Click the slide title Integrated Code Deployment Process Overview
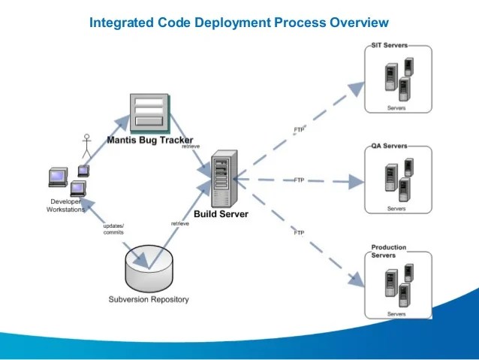tap(239, 23)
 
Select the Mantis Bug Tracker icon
tap(149, 113)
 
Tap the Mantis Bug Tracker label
tap(150, 140)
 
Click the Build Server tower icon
tap(224, 179)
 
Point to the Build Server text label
tap(221, 214)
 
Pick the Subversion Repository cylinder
tap(149, 268)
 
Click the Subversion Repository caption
tap(149, 299)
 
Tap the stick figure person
tap(87, 147)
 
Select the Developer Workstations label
tap(65, 205)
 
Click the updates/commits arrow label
tap(113, 229)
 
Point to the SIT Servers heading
tap(390, 45)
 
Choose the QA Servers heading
tap(389, 146)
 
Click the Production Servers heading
tap(389, 252)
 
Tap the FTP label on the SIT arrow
tap(299, 130)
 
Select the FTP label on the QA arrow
tap(299, 180)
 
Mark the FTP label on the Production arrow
tap(299, 233)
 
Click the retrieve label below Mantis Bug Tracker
tap(191, 147)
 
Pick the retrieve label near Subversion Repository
tap(180, 224)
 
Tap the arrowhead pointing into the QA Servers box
tap(356, 182)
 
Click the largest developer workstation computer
tap(58, 177)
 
